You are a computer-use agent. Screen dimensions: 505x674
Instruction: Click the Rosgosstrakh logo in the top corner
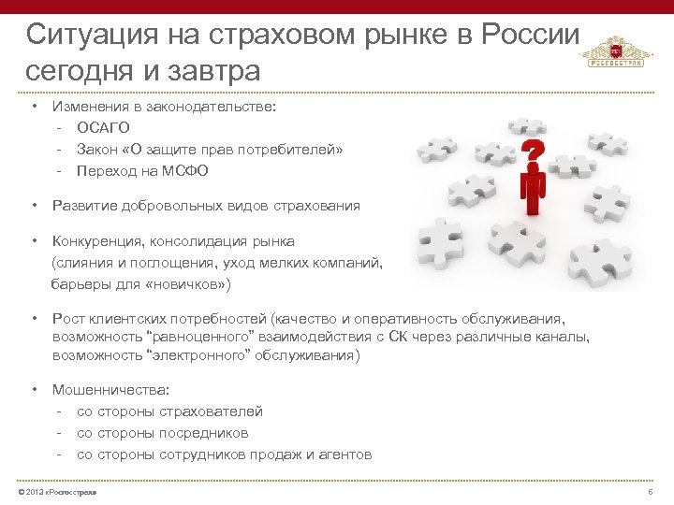614,52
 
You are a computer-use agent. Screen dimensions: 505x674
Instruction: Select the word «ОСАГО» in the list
103,127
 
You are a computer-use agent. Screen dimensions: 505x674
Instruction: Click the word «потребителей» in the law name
292,150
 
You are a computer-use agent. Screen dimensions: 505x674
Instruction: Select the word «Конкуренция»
96,240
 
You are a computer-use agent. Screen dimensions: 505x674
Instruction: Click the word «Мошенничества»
103,390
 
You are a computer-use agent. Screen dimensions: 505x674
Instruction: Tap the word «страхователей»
212,411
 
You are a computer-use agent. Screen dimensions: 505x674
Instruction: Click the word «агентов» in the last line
344,454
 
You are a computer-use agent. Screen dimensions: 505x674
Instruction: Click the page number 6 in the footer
650,492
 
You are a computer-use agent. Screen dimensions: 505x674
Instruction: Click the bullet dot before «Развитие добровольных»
33,205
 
